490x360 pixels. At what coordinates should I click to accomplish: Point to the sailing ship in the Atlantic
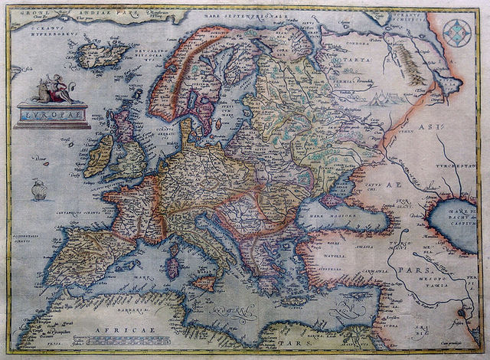[38, 188]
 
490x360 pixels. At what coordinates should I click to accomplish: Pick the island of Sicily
[204, 283]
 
